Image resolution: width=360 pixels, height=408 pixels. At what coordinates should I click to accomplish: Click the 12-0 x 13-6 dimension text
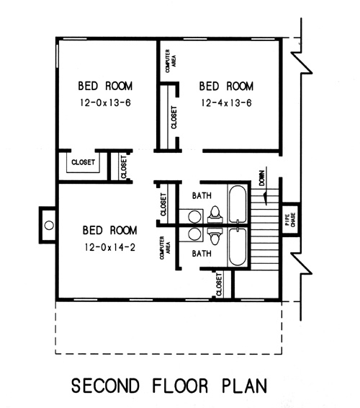105,102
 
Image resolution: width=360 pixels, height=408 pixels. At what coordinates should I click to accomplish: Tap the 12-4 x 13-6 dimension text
226,103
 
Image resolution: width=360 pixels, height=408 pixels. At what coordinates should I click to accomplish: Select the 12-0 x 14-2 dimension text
110,247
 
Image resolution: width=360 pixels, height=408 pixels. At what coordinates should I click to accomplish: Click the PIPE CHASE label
291,220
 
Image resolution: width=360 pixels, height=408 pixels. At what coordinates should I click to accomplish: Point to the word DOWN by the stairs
262,178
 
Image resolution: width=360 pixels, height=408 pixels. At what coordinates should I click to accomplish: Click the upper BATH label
202,195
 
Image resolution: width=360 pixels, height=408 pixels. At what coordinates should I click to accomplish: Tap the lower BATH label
202,253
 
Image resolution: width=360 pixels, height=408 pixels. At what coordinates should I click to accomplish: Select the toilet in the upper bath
215,214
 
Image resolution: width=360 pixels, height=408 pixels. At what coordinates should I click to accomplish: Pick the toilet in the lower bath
215,236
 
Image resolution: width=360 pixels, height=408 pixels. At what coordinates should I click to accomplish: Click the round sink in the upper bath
194,216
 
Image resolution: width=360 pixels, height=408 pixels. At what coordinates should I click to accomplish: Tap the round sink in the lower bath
194,234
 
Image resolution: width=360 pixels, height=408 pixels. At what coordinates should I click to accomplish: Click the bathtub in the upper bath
238,204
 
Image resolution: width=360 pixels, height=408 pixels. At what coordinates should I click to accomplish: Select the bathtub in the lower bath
238,247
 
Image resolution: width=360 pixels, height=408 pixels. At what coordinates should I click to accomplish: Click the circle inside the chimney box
49,225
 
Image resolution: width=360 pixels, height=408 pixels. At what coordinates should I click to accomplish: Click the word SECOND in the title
105,386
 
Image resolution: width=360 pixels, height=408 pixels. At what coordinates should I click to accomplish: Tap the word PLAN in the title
245,386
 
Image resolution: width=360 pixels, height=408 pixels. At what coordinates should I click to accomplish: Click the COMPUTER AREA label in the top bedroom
170,61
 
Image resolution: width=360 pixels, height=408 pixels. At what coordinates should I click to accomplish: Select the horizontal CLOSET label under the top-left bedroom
84,162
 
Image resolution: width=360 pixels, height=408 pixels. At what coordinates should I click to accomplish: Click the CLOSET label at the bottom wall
219,285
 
